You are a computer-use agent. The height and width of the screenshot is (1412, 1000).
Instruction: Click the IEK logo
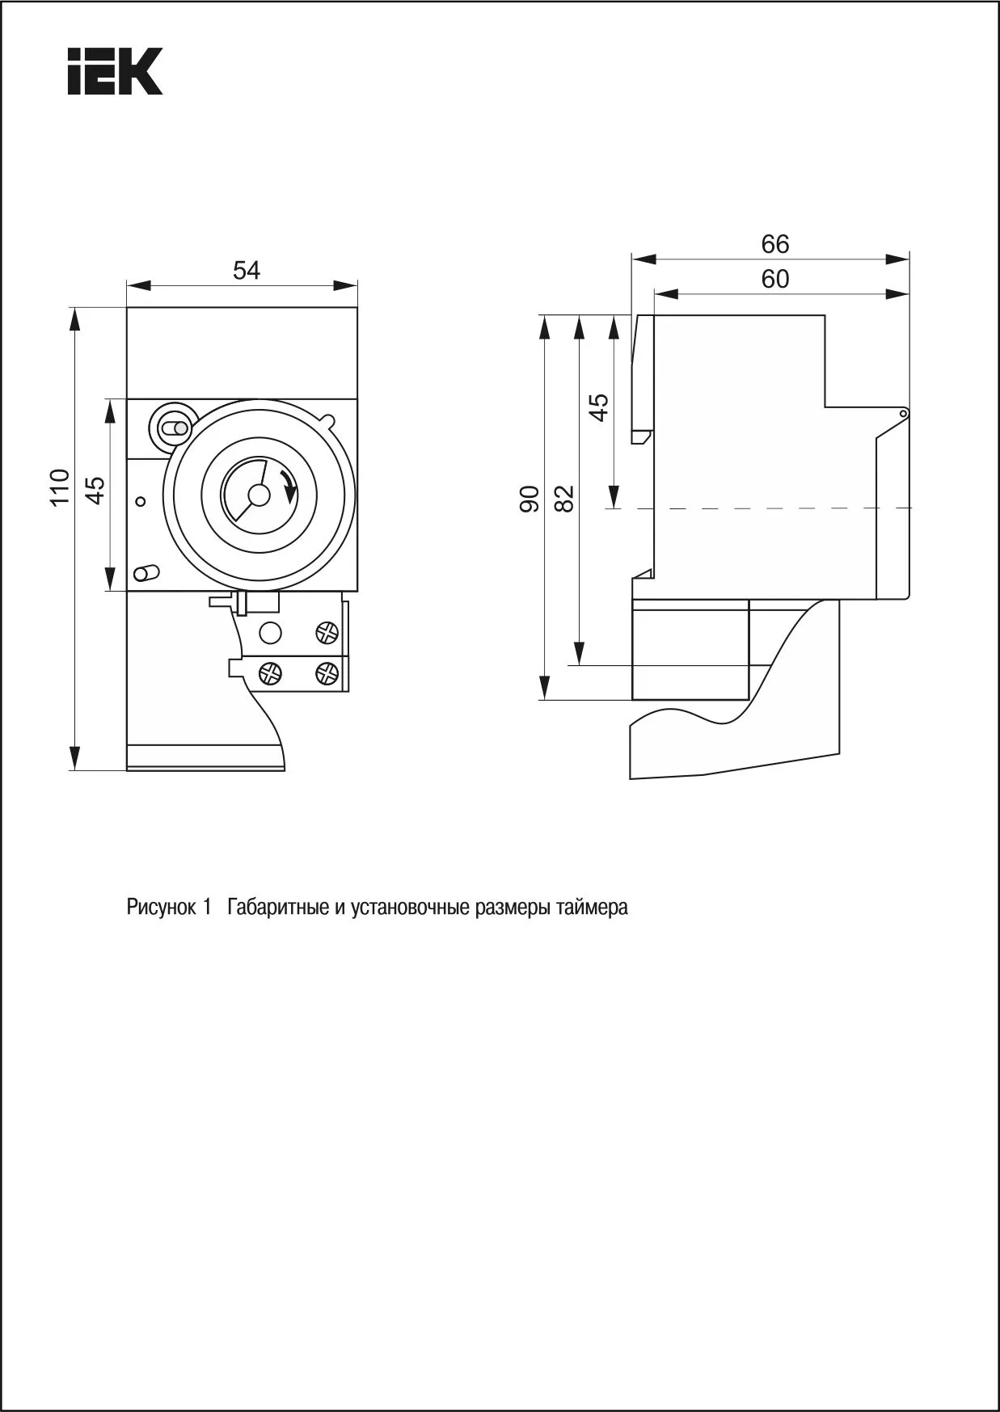tap(116, 71)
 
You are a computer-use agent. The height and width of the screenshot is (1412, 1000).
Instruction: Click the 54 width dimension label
tap(247, 271)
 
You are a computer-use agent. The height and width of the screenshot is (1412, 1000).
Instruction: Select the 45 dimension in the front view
tap(95, 490)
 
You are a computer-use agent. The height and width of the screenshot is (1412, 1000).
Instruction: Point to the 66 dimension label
tap(774, 243)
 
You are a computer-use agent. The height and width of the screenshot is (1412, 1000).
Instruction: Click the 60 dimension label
tap(774, 279)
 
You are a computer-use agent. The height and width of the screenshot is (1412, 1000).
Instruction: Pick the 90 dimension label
tap(530, 499)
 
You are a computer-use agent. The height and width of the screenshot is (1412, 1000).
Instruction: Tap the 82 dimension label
tap(565, 499)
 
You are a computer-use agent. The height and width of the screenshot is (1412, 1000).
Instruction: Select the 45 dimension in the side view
tap(599, 407)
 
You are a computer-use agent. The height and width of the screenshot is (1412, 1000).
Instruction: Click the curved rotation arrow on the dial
tap(287, 487)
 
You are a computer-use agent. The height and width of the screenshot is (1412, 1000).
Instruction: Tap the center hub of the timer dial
tap(258, 495)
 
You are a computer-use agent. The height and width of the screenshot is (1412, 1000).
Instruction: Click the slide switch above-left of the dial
tap(173, 428)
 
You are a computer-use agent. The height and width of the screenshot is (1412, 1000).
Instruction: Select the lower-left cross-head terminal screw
tap(269, 671)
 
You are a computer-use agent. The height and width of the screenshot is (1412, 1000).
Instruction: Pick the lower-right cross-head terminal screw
tap(327, 670)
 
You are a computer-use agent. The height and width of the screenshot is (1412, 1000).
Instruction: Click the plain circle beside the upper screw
tap(271, 632)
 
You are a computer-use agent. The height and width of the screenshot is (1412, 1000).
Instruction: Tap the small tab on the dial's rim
tap(328, 419)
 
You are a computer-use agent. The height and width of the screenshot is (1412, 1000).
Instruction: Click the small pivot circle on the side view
tap(903, 414)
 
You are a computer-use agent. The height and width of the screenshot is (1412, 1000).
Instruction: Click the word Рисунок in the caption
tap(161, 907)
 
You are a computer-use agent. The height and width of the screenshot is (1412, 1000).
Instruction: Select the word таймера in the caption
tap(595, 907)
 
